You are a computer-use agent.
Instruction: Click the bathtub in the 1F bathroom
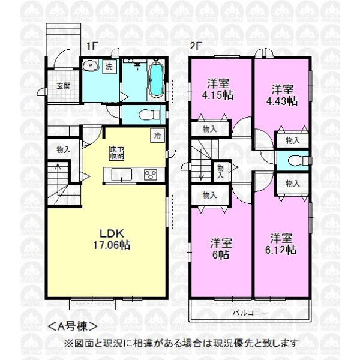pyautogui.click(x=157, y=79)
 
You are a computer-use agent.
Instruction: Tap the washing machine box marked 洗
pyautogui.click(x=109, y=67)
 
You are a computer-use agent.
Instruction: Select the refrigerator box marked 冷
pyautogui.click(x=157, y=136)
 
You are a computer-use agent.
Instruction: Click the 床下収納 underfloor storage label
pyautogui.click(x=116, y=153)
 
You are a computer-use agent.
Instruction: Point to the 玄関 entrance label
pyautogui.click(x=63, y=86)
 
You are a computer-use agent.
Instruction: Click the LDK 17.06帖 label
pyautogui.click(x=112, y=239)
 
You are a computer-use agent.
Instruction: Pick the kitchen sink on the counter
pyautogui.click(x=121, y=175)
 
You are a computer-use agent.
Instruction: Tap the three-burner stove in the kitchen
pyautogui.click(x=151, y=175)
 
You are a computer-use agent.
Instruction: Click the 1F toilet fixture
pyautogui.click(x=149, y=115)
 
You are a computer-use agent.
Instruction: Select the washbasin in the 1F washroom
pyautogui.click(x=91, y=65)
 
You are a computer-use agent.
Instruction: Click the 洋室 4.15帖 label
pyautogui.click(x=218, y=89)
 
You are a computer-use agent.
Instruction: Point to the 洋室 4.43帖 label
pyautogui.click(x=282, y=95)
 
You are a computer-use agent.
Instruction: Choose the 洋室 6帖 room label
pyautogui.click(x=221, y=249)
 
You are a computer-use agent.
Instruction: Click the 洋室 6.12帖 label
pyautogui.click(x=281, y=244)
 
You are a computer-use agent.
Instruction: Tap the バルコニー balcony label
pyautogui.click(x=250, y=313)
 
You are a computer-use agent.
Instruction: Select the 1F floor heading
pyautogui.click(x=92, y=46)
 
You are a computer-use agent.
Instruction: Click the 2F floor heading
pyautogui.click(x=196, y=46)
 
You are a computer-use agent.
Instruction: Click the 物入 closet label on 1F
pyautogui.click(x=64, y=150)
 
